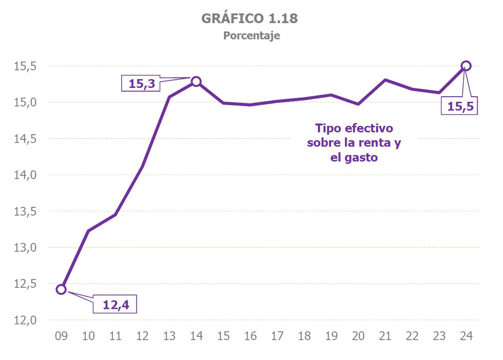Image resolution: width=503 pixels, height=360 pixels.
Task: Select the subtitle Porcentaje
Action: click(251, 36)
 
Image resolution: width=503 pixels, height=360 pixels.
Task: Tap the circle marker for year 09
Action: click(61, 289)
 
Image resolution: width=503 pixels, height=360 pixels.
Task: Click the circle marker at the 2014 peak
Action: click(196, 81)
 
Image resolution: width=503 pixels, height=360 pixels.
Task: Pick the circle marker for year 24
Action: click(466, 66)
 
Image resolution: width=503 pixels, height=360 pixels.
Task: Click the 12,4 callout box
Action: click(115, 304)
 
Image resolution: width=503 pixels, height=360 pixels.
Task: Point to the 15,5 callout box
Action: click(459, 106)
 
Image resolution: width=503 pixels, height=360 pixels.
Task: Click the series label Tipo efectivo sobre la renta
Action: click(354, 143)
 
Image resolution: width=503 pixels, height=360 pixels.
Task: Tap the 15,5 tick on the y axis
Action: click(25, 66)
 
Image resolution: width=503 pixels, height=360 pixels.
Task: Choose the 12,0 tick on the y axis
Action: click(25, 320)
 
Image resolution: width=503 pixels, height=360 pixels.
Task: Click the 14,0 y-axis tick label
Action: click(25, 175)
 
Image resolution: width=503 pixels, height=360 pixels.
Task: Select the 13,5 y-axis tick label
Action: click(25, 211)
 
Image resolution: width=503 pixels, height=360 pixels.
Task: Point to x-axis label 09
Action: click(61, 336)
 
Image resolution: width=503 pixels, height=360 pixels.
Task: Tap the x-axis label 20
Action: click(358, 336)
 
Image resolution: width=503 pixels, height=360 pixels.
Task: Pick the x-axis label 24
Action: click(466, 336)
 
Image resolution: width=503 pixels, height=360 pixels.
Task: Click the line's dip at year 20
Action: click(358, 104)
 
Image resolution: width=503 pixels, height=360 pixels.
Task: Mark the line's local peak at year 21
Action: click(385, 80)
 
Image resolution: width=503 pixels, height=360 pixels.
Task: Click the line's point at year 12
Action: click(142, 167)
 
